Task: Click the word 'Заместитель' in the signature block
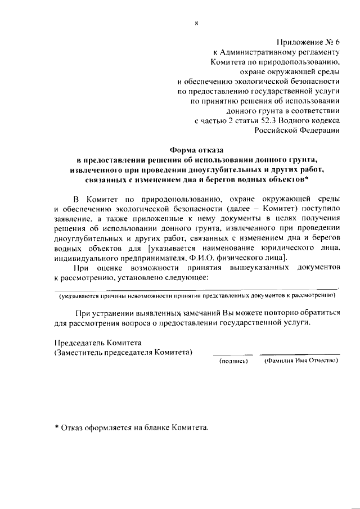[80, 352]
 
